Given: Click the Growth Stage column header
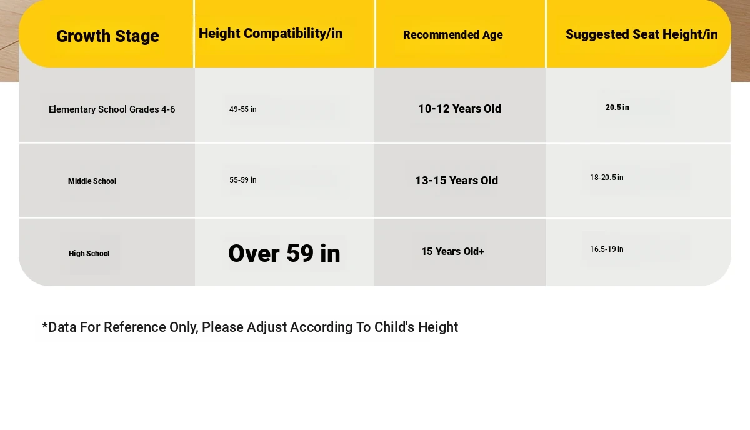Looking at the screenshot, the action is click(x=107, y=36).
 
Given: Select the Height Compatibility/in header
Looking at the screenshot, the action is click(x=271, y=34).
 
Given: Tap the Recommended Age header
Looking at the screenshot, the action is click(x=452, y=35).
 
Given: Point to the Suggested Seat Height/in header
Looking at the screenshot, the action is click(x=641, y=34).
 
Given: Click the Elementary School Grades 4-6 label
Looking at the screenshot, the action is click(x=112, y=109).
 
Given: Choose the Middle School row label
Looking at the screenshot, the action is click(x=92, y=181).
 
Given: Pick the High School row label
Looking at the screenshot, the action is click(x=89, y=254).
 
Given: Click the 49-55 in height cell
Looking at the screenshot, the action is click(x=242, y=109).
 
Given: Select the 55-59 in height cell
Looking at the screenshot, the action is click(x=242, y=180).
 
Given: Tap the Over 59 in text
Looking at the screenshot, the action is click(x=284, y=253).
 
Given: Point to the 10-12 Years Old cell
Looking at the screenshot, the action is click(x=460, y=109).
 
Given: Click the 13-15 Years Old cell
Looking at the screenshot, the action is click(x=456, y=181).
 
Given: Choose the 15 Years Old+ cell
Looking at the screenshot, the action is click(x=452, y=251).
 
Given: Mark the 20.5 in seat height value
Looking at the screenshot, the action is click(x=617, y=107).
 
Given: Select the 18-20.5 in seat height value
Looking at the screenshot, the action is click(x=607, y=177).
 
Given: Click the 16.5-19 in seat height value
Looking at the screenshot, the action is click(x=607, y=249).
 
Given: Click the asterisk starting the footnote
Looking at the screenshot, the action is click(x=44, y=325).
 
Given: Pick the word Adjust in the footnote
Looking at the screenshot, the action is click(x=266, y=327).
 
